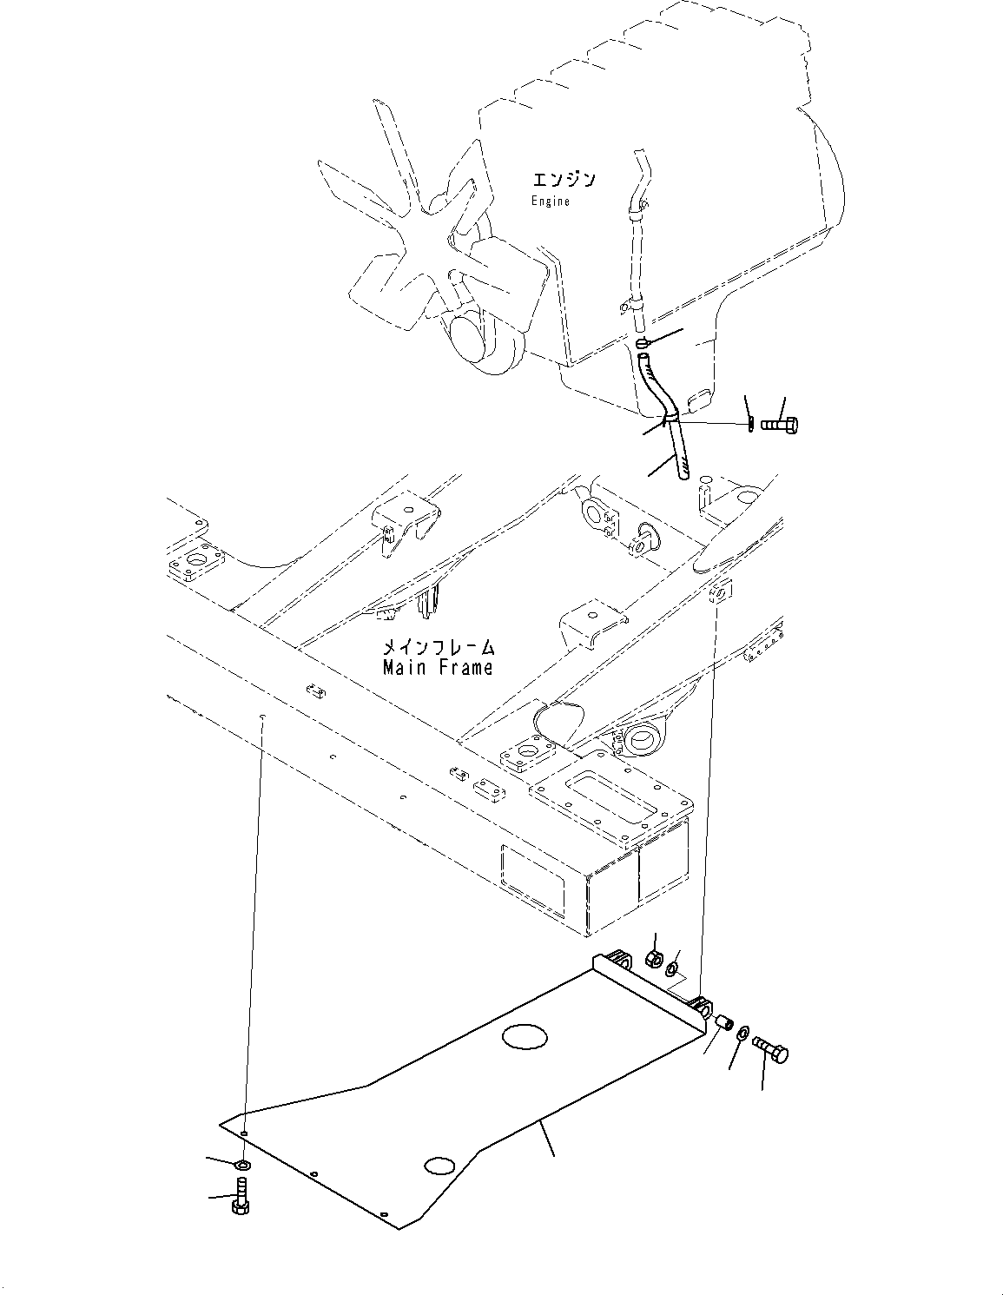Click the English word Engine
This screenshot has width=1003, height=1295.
click(x=551, y=202)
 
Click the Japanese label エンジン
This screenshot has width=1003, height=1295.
click(x=564, y=180)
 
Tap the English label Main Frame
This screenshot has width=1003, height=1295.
click(x=438, y=667)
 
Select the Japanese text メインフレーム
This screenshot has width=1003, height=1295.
click(x=439, y=647)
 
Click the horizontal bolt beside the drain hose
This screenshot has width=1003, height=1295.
click(x=781, y=425)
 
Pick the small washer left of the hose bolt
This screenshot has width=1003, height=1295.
click(x=749, y=425)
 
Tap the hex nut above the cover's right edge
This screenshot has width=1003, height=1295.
click(x=654, y=960)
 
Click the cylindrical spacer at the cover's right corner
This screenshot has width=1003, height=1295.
click(x=723, y=1025)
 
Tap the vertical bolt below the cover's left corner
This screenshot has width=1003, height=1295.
click(x=241, y=1198)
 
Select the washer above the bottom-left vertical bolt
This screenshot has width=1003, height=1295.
click(x=243, y=1164)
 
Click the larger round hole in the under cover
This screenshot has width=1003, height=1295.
click(x=525, y=1035)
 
